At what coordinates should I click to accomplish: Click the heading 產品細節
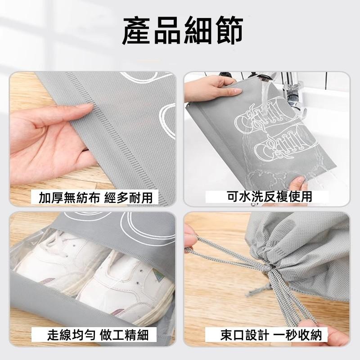click(183, 31)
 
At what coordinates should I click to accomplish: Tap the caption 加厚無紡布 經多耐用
click(95, 197)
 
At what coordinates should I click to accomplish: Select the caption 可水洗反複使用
click(270, 197)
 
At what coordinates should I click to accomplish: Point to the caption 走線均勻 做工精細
click(98, 334)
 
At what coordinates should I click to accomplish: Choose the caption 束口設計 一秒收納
click(271, 335)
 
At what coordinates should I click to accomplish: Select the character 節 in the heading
click(229, 31)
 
